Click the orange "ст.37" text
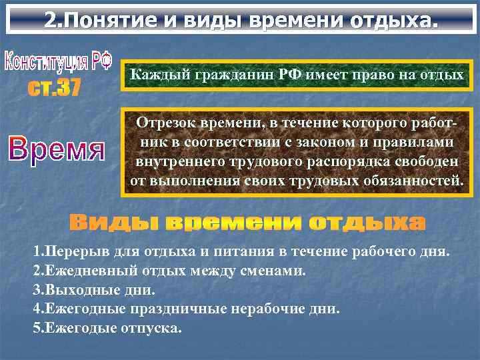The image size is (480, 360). coord(54,88)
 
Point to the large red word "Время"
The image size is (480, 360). coord(57,148)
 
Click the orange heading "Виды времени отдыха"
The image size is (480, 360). coord(247,222)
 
